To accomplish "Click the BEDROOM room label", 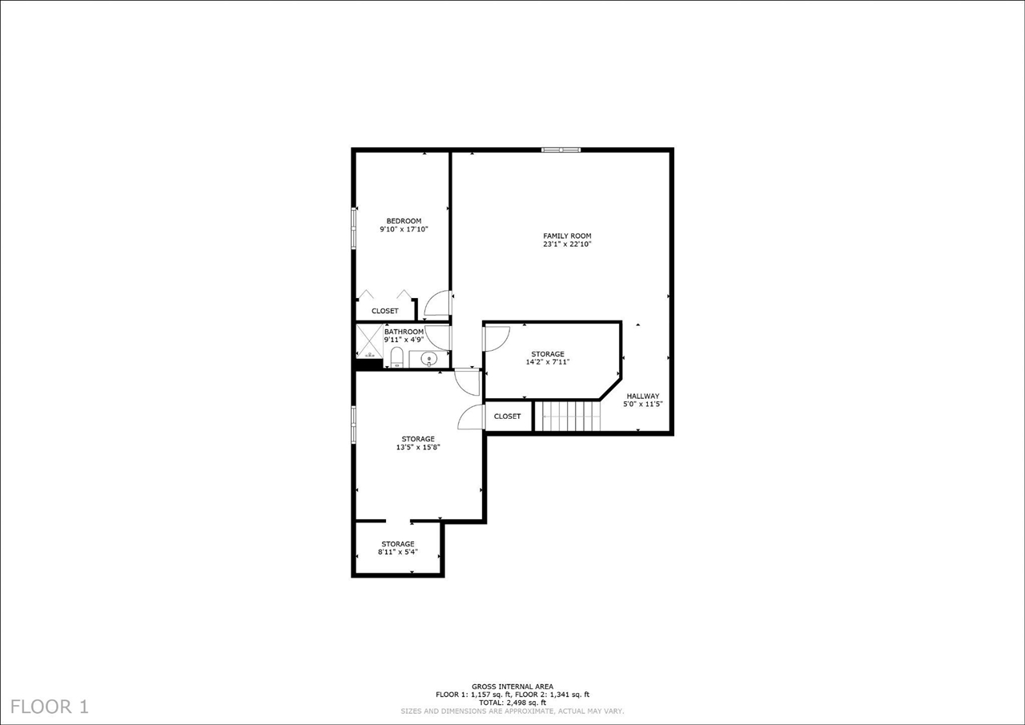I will (404, 221).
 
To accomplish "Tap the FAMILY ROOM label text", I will (567, 236).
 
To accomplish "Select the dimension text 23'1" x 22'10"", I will (567, 244).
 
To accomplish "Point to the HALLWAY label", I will (642, 396).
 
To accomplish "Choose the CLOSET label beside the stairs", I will (507, 417).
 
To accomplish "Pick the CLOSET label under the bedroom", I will (384, 311).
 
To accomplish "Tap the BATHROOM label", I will (404, 332).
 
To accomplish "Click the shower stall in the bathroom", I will (369, 340).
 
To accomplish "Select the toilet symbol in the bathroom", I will (396, 357).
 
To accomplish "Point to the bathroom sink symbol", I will (428, 359).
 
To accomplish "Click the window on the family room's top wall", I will (561, 149).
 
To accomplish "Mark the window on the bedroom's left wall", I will (353, 229).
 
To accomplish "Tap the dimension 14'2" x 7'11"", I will (548, 362).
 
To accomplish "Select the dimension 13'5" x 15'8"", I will (418, 447).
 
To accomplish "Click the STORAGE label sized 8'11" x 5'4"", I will (398, 544).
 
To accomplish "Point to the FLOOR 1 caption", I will (50, 707).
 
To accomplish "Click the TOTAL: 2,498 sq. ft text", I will (512, 703).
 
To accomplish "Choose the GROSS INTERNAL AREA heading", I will (512, 687).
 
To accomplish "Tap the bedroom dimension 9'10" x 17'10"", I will (404, 230).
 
